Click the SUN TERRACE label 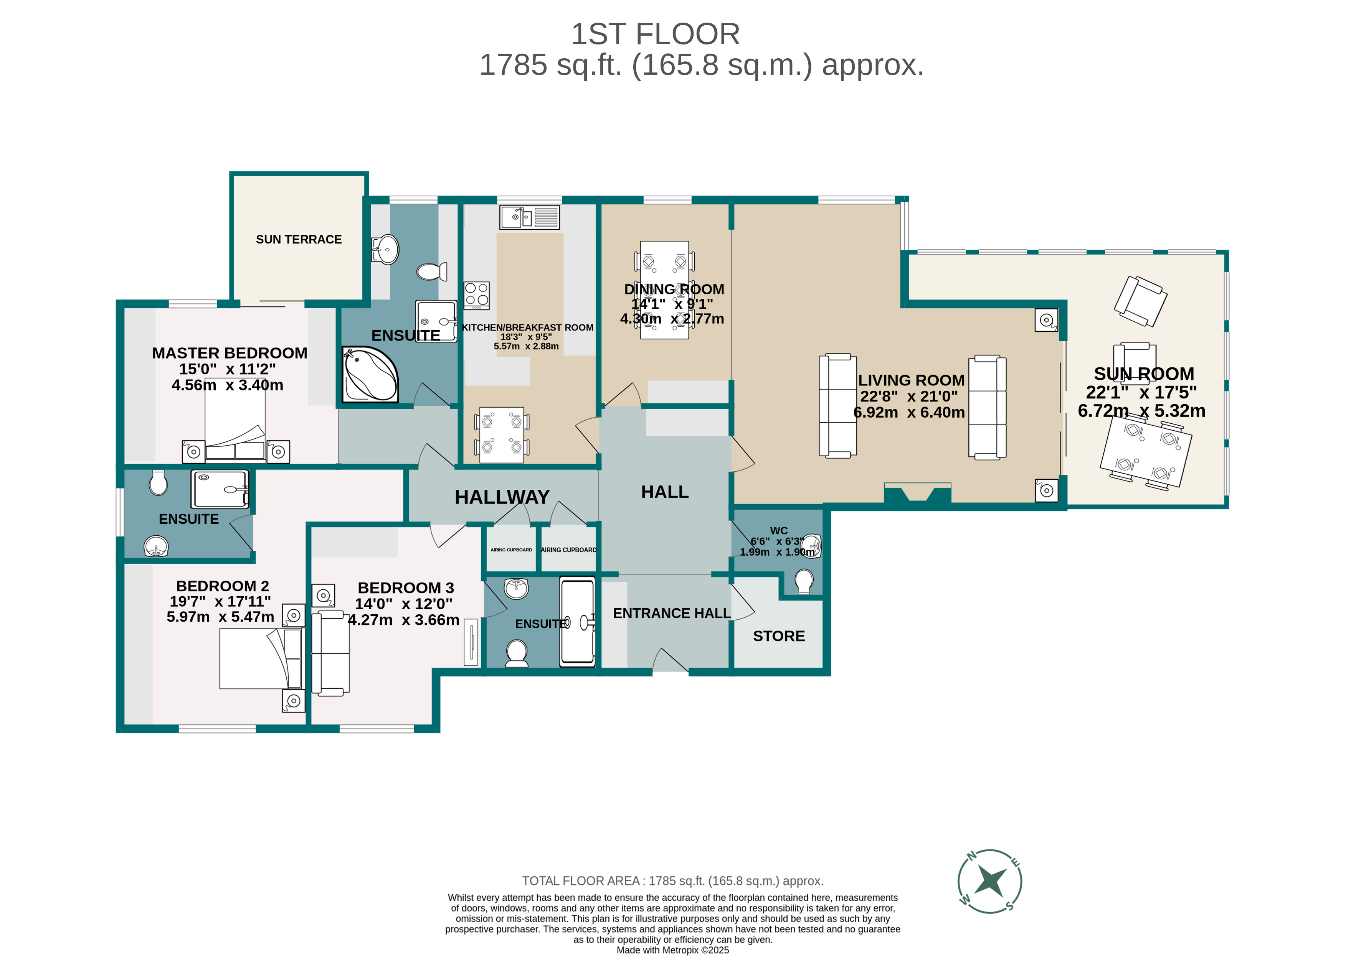tap(299, 240)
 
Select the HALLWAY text tap(502, 497)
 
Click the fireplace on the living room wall tap(917, 493)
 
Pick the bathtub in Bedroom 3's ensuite tap(577, 621)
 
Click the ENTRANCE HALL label tap(672, 614)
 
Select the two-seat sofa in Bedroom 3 tap(330, 652)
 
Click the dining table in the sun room tap(1145, 451)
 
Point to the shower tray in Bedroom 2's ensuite tap(220, 489)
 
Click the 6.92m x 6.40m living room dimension tap(908, 413)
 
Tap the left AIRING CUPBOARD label tap(511, 550)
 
